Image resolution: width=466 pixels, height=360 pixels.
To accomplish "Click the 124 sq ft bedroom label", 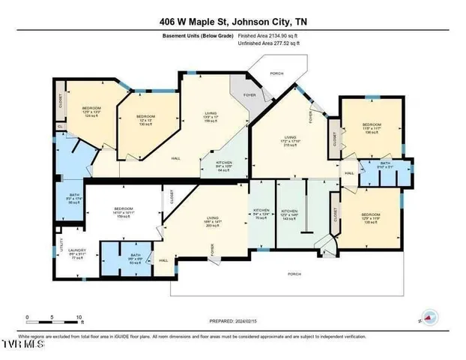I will [91, 112].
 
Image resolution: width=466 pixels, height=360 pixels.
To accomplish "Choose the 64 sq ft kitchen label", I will [225, 166].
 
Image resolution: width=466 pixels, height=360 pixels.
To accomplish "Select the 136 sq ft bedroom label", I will [372, 128].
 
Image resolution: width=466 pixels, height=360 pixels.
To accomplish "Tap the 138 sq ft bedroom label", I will [372, 220].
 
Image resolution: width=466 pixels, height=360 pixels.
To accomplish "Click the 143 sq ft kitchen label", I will [290, 215].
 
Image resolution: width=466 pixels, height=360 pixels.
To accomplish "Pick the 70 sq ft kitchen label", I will [261, 215].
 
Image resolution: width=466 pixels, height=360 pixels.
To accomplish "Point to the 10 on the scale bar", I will [78, 318].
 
